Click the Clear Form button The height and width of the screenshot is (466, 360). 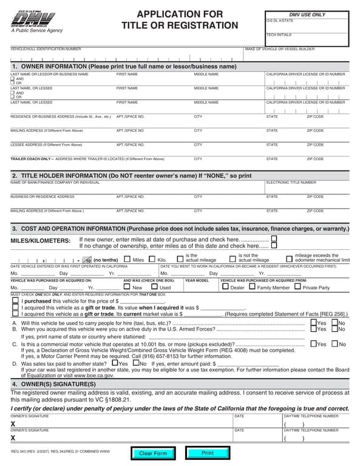point(152,453)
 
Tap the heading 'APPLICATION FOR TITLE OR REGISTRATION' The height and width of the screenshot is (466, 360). point(179,19)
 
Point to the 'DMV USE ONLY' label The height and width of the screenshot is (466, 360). point(307,15)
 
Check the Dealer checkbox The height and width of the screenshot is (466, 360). point(225,288)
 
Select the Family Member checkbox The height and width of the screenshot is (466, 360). point(252,288)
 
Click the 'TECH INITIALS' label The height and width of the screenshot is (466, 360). point(279,35)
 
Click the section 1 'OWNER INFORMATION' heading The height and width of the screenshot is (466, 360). point(124,66)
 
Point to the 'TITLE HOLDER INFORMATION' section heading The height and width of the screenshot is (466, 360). point(131,175)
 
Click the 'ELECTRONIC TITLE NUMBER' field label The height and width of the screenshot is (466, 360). point(291,182)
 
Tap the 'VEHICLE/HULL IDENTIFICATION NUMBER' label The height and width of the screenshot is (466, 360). point(46,49)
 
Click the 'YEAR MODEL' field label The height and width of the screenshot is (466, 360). point(197,281)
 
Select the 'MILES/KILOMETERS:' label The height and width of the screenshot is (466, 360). point(41,241)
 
